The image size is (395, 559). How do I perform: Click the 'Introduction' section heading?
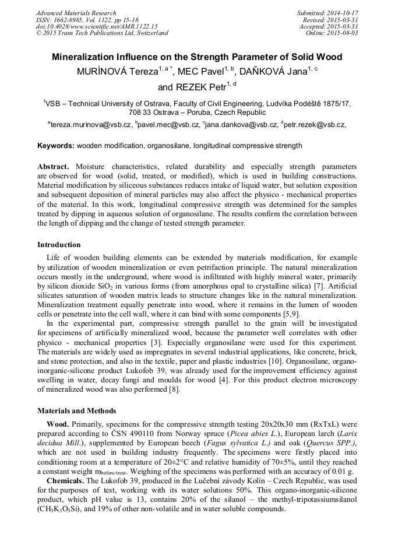(59, 245)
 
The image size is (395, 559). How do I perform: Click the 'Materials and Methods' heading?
(76, 410)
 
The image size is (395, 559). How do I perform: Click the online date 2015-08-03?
(344, 33)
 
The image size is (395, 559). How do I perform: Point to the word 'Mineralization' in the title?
(88, 57)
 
